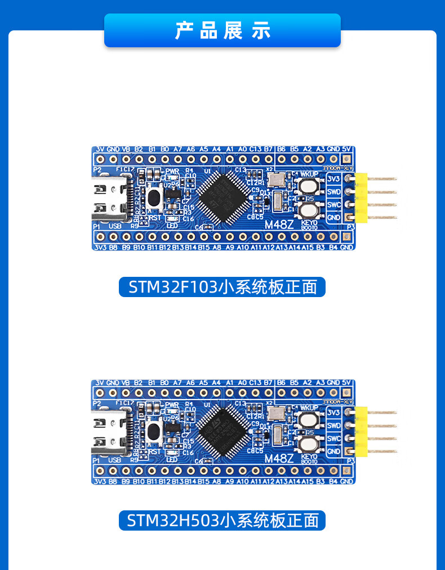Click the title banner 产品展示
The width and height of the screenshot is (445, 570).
222,30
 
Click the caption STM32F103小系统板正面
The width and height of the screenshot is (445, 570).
222,287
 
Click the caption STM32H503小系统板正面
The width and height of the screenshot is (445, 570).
222,520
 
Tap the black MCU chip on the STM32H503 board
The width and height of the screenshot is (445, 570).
224,431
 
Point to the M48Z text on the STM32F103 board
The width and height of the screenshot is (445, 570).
279,225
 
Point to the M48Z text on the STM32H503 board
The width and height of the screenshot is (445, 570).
279,459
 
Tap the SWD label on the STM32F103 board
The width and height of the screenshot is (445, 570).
333,192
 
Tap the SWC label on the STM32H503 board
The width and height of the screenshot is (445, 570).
333,439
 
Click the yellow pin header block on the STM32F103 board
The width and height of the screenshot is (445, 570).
361,198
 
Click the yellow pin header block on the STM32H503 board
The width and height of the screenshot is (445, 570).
361,432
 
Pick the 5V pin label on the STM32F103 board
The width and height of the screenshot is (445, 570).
346,149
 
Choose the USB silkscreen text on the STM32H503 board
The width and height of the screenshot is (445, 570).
115,460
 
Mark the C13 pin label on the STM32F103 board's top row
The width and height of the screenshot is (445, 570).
255,149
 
